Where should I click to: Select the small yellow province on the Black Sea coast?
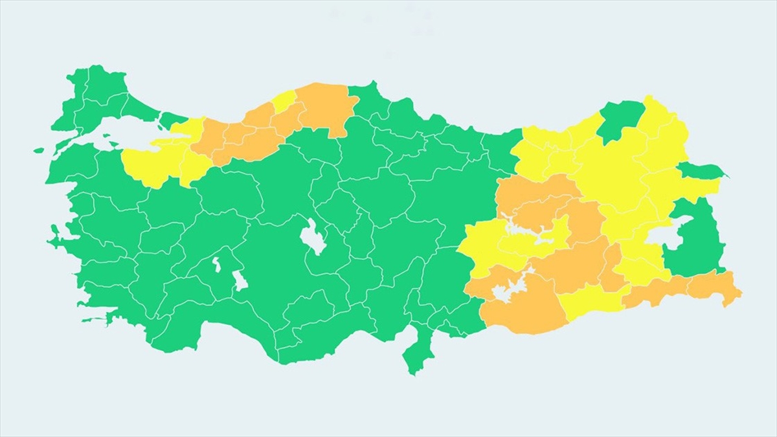[x=283, y=102]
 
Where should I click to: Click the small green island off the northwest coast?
[x=39, y=150]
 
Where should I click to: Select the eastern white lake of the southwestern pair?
[x=240, y=280]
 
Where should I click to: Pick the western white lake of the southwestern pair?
[x=216, y=265]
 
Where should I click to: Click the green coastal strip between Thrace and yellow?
[x=172, y=119]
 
